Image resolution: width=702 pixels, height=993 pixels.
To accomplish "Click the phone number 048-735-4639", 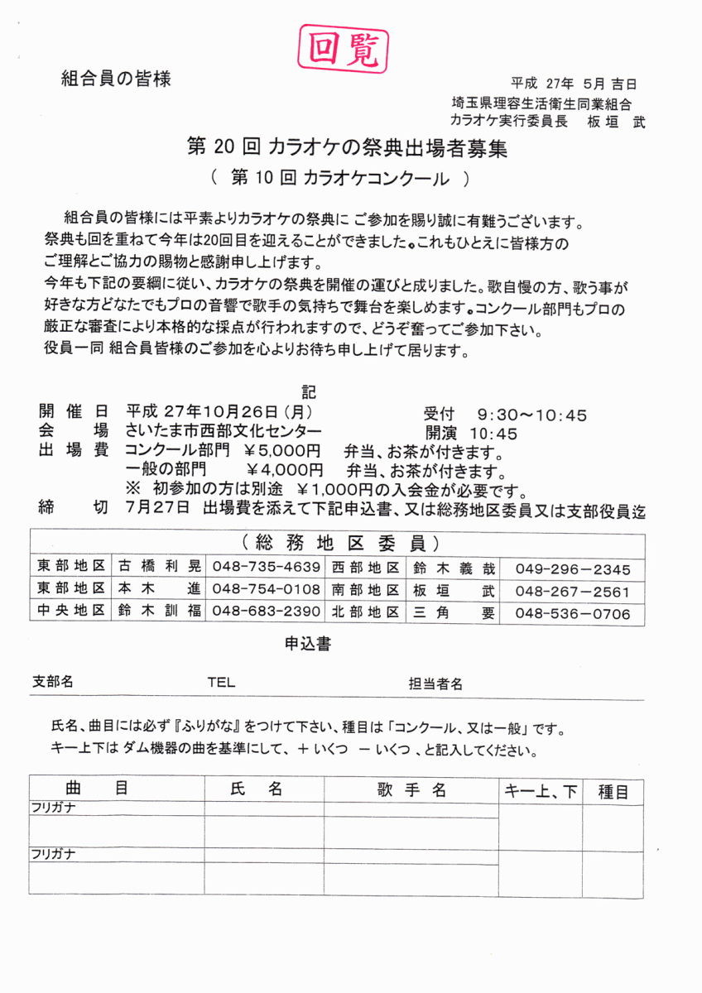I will click(x=267, y=568).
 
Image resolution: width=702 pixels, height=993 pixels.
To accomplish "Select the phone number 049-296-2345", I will click(x=573, y=569).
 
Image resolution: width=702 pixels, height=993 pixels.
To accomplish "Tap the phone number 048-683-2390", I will click(x=267, y=612).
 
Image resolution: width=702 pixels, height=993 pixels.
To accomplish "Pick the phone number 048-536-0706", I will click(x=573, y=614).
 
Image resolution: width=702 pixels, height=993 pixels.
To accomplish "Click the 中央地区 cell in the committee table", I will click(x=70, y=612).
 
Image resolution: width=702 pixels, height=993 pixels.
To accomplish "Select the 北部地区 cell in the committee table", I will click(x=365, y=612).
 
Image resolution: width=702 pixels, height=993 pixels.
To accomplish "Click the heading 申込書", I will click(x=308, y=644).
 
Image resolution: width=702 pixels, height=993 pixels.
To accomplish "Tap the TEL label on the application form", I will click(x=221, y=683).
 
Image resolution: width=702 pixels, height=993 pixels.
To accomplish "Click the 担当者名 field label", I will click(x=435, y=684).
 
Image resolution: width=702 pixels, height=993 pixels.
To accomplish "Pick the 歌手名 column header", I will click(x=411, y=790).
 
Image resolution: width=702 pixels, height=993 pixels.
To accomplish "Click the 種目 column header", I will click(x=613, y=792).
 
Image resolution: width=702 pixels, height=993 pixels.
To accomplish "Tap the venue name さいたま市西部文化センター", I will click(x=224, y=432).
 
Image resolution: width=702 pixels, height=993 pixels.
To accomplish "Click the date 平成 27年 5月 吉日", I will click(x=574, y=84).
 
